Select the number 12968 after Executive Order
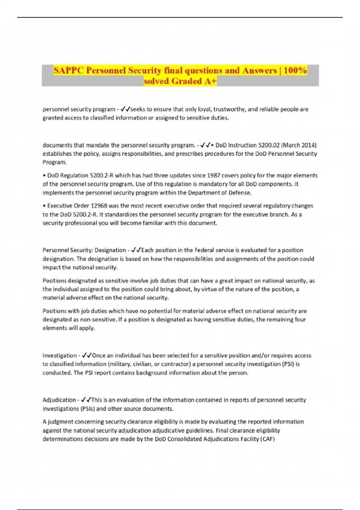click(x=99, y=206)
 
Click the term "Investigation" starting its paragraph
click(x=59, y=355)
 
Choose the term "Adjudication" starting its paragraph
click(x=59, y=400)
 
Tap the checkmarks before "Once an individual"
click(x=87, y=355)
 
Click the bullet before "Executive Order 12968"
click(x=44, y=206)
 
